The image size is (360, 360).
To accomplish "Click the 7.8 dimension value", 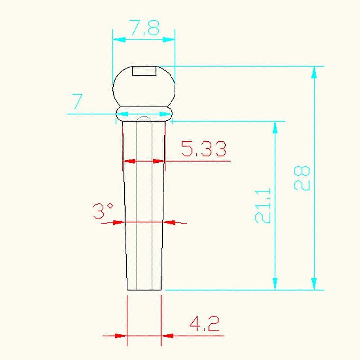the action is point(144,28).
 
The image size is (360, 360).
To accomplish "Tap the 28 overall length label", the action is point(302,178).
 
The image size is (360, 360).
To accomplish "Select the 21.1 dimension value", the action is point(263,206).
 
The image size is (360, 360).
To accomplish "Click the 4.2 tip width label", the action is point(204,323).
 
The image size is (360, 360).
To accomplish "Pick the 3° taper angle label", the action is point(103,211).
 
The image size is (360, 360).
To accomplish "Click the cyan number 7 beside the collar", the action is point(77,101).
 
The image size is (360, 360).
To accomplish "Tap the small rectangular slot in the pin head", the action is point(144,71).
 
